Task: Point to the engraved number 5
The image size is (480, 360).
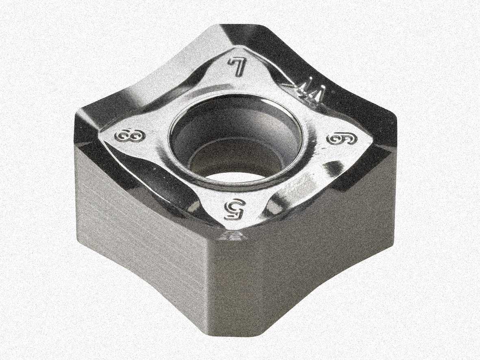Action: pyautogui.click(x=234, y=210)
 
